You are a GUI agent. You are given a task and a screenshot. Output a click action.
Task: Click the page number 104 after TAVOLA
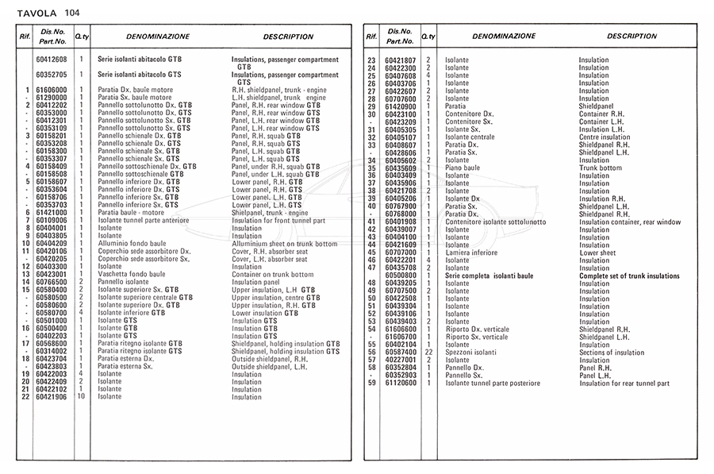click(x=73, y=13)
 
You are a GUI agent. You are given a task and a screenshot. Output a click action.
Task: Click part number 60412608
click(x=51, y=60)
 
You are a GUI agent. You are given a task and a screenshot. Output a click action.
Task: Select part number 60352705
click(x=51, y=75)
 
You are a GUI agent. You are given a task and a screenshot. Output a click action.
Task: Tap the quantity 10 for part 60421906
click(x=81, y=397)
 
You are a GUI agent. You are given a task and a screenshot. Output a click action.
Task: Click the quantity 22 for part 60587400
click(x=428, y=353)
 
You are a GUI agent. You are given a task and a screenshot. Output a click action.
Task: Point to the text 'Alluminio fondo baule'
click(x=130, y=243)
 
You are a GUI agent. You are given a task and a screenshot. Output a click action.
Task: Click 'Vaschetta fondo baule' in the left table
click(x=131, y=274)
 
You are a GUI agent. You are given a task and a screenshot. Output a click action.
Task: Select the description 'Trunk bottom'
click(x=601, y=168)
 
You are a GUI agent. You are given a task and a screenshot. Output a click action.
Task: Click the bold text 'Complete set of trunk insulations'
click(x=629, y=276)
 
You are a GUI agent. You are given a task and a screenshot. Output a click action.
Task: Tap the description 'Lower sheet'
click(x=598, y=252)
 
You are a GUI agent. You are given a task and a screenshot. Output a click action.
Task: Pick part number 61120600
click(x=400, y=383)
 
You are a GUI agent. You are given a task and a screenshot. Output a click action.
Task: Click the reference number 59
click(x=370, y=383)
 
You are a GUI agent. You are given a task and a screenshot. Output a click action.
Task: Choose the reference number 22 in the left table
click(x=26, y=397)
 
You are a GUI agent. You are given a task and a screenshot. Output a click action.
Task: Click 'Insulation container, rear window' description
click(x=630, y=222)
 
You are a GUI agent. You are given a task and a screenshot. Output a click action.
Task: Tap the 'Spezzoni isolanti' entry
click(x=471, y=353)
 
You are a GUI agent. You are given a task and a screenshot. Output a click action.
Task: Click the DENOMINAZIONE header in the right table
click(x=503, y=37)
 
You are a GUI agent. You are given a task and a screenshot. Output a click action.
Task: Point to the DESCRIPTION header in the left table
click(x=288, y=37)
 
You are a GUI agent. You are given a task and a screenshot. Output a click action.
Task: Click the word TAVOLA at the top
click(x=36, y=13)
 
